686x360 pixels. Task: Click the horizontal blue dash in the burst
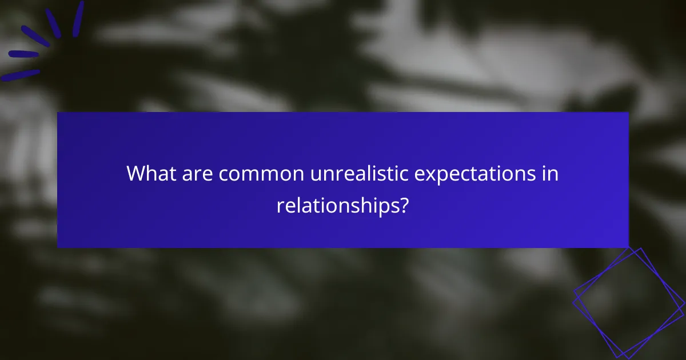tap(23, 54)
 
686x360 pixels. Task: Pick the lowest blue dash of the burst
tap(21, 75)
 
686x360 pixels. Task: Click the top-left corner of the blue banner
tap(58, 113)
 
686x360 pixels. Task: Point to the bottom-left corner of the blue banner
tap(58, 247)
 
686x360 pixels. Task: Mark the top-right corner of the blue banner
tap(628, 113)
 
